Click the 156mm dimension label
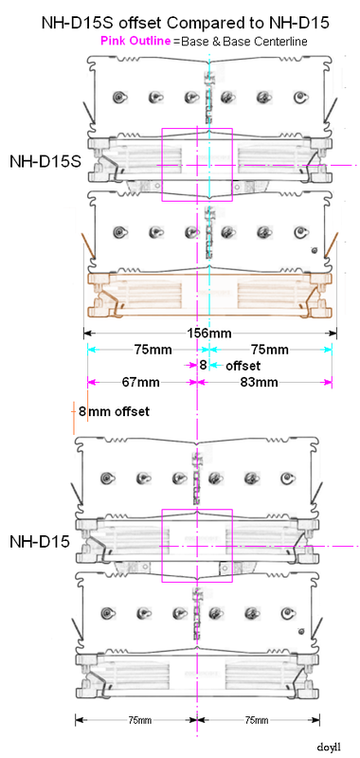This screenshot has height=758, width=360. (208, 333)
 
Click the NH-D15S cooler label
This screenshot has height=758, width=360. (45, 161)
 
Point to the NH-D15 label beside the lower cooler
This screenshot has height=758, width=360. (40, 542)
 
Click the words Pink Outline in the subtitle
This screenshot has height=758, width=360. (135, 41)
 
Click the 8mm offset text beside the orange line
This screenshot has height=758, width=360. (114, 412)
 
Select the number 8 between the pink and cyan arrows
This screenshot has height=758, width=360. (204, 365)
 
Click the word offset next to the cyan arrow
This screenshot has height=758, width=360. (243, 365)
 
